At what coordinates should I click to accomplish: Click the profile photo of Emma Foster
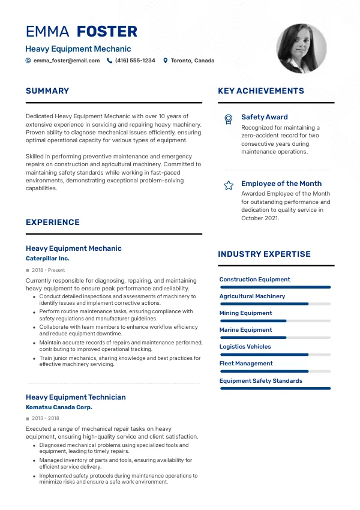point(301,49)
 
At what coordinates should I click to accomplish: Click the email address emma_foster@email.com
point(67,61)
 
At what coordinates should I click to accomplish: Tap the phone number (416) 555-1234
point(135,61)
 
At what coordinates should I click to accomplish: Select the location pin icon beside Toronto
point(166,61)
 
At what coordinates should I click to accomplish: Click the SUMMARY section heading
point(47,91)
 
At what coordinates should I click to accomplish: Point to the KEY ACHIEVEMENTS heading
point(261,91)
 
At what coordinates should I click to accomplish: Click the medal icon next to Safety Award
point(228,119)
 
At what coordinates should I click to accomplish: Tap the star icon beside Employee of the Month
point(228,185)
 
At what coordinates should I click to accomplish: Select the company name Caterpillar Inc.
point(47,259)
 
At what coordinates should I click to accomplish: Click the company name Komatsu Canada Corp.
point(59,407)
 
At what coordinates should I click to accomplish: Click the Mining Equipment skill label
point(245,313)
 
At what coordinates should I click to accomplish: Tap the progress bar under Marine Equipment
point(275,338)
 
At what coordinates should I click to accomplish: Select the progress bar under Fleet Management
point(275,371)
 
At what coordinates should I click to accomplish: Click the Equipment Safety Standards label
point(260,381)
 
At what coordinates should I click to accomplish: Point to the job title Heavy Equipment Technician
point(76,397)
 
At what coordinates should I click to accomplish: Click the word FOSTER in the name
point(107,31)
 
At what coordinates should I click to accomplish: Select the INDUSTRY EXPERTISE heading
point(264,254)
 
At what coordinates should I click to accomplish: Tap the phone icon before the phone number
point(110,61)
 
